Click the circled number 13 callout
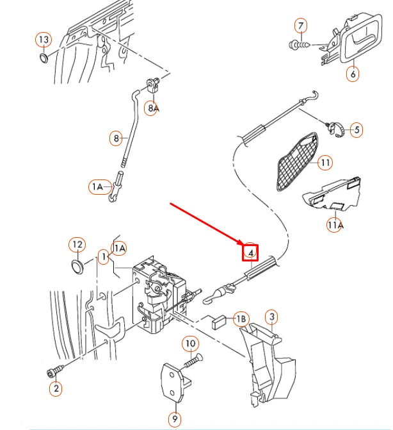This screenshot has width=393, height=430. (x=43, y=40)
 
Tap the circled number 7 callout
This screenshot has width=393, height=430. (x=300, y=26)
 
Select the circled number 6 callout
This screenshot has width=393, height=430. (x=353, y=74)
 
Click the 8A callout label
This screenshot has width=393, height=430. (x=153, y=108)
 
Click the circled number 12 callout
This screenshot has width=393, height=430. (x=77, y=244)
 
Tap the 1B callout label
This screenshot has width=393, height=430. (x=241, y=318)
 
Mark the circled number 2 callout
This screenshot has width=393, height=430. (x=56, y=387)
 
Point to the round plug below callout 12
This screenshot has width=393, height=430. (x=77, y=265)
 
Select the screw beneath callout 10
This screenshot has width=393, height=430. (x=192, y=362)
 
